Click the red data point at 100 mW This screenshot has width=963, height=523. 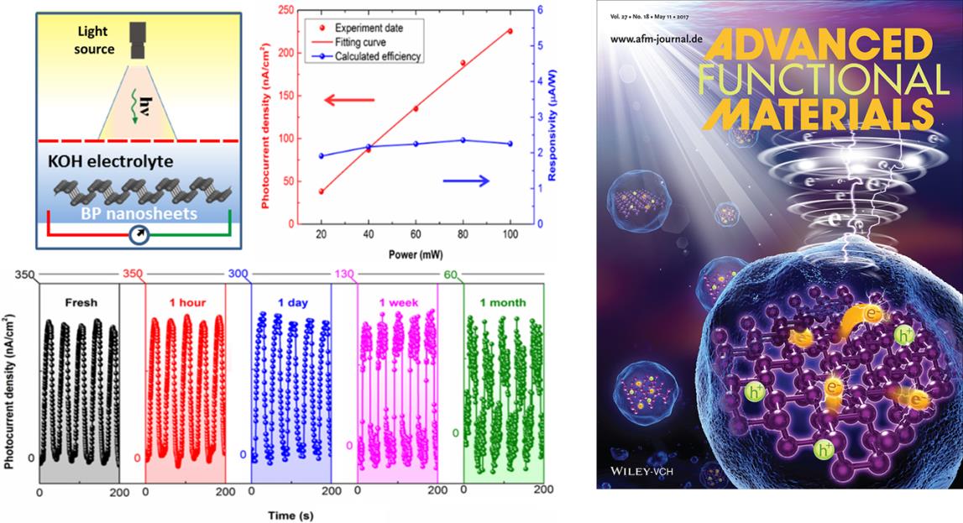(510, 31)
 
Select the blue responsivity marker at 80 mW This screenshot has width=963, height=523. (463, 140)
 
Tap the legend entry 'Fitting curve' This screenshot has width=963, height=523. (360, 42)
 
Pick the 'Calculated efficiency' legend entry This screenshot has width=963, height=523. (378, 56)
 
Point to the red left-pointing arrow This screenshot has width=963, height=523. (348, 99)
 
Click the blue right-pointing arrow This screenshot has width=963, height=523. (465, 180)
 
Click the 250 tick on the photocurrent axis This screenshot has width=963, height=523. (285, 10)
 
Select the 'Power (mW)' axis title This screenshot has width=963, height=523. (415, 254)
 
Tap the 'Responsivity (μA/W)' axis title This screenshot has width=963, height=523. (552, 124)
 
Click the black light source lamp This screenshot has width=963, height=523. (138, 40)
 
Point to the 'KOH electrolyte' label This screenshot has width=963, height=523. (111, 161)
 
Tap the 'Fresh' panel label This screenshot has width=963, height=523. (81, 302)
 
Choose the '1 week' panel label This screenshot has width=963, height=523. (399, 302)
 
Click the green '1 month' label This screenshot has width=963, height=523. (502, 302)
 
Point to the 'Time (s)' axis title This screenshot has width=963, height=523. (290, 515)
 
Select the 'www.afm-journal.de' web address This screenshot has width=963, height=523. (656, 39)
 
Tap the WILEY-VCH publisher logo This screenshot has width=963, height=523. (640, 472)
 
